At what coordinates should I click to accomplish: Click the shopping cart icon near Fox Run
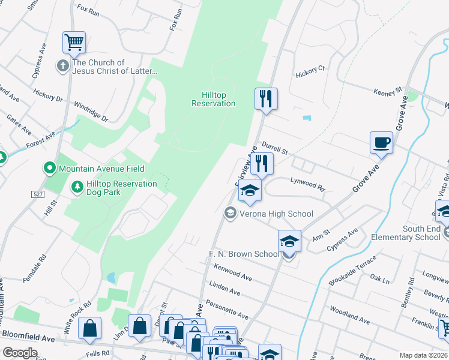74,43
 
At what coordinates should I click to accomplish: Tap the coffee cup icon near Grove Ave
381,143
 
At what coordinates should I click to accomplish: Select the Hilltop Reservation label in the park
213,99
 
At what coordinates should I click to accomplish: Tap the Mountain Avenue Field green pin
50,169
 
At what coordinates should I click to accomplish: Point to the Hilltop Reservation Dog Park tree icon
77,188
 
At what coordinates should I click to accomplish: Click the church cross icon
63,66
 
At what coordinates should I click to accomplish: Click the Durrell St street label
276,148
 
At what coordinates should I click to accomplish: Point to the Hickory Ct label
310,71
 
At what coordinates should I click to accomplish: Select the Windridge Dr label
91,112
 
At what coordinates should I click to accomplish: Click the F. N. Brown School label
244,254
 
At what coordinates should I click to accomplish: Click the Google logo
20,352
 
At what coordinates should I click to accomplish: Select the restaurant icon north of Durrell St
265,98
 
